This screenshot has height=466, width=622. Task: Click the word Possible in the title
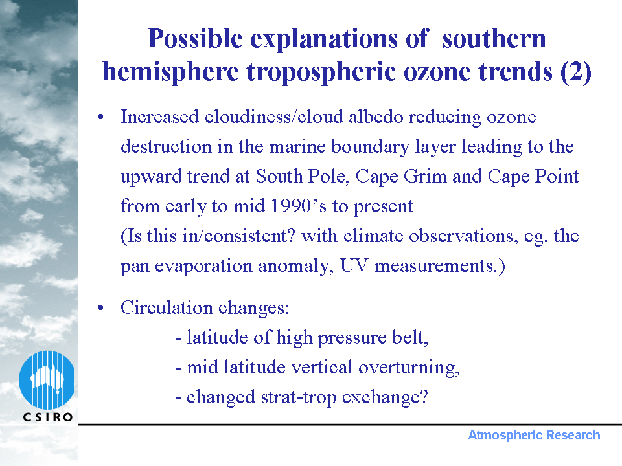[195, 39]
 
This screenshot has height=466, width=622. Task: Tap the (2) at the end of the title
[575, 72]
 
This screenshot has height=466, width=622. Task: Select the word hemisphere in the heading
[170, 72]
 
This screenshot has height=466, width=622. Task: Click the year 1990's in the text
[298, 206]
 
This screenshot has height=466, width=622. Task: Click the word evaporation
[203, 266]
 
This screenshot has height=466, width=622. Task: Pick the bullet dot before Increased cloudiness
[101, 117]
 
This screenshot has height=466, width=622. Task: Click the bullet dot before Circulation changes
[101, 307]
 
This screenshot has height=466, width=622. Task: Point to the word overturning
[409, 368]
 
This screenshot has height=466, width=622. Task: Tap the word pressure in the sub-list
[352, 338]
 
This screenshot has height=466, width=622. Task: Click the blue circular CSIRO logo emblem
[47, 380]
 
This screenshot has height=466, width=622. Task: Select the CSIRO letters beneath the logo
[48, 417]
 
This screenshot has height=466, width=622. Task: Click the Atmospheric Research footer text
[534, 435]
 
